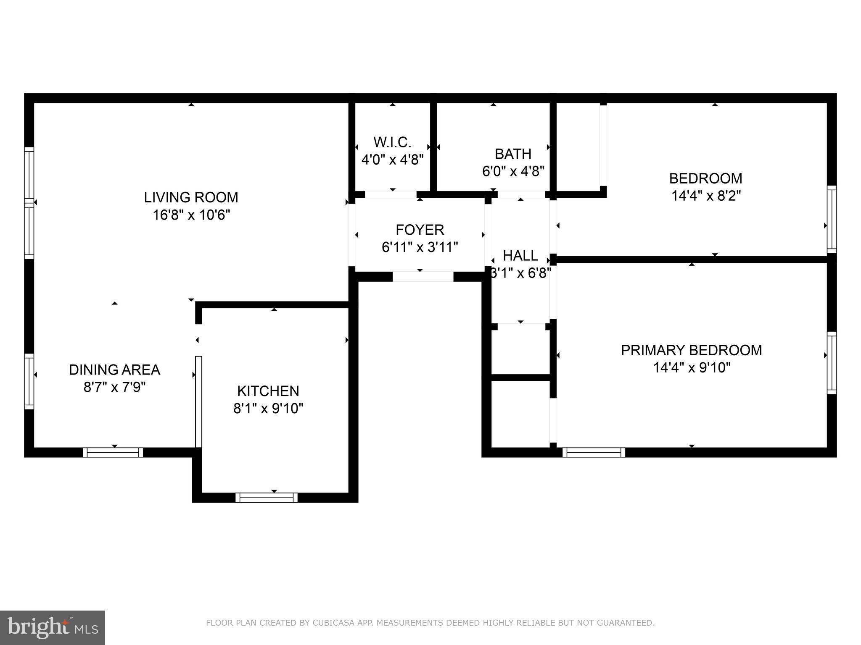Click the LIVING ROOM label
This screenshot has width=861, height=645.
(x=191, y=197)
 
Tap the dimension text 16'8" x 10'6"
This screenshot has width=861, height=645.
(x=191, y=215)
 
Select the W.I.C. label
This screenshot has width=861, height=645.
(x=392, y=142)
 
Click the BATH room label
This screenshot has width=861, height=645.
(x=513, y=154)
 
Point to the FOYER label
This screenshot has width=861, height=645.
(x=420, y=230)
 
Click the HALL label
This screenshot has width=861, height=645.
(x=520, y=256)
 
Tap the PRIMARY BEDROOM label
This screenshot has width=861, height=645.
(x=691, y=350)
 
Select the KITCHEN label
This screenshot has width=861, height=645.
(x=268, y=391)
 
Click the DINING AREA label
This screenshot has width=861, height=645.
(x=114, y=370)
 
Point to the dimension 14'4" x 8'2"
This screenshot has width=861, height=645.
(x=705, y=196)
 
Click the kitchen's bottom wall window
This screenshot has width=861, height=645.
(x=267, y=498)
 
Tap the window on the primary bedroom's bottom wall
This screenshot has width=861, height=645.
(x=594, y=452)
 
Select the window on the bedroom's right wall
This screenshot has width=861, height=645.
(x=832, y=219)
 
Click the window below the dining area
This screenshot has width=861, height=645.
(x=113, y=452)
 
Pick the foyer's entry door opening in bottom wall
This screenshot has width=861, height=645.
(x=423, y=276)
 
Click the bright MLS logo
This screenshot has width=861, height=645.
(x=52, y=627)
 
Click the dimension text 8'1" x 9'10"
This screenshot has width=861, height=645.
(x=268, y=408)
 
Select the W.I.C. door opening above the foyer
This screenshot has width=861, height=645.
(x=391, y=194)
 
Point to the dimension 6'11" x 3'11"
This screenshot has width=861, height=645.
(x=420, y=247)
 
